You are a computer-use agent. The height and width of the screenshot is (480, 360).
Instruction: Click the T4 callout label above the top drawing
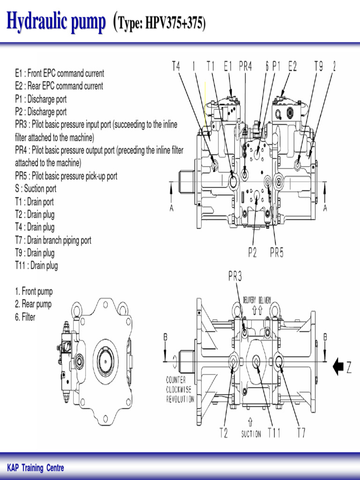176,67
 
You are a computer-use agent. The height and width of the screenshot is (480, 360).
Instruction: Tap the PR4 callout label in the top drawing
245,67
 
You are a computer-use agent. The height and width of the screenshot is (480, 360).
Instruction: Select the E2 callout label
292,67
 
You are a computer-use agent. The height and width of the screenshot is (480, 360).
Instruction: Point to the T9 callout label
318,67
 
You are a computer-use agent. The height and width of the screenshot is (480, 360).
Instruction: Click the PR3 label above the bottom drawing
235,277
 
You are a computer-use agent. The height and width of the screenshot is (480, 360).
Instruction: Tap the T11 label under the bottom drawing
274,433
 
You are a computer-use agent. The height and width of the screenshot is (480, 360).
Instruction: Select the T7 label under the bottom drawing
301,433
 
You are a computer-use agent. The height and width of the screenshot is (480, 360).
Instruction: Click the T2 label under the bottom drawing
224,433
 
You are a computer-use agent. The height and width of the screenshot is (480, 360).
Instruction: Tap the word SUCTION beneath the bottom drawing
251,435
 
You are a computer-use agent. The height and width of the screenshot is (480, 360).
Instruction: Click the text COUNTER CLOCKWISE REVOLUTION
180,390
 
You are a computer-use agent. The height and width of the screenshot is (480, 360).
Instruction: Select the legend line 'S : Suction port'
36,189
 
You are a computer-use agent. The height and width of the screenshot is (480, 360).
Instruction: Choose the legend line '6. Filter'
25,317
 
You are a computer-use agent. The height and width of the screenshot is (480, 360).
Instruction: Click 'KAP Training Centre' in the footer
36,468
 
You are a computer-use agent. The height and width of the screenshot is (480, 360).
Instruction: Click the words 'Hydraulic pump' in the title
56,22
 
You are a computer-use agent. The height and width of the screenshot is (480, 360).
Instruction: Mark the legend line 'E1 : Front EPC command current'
60,73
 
